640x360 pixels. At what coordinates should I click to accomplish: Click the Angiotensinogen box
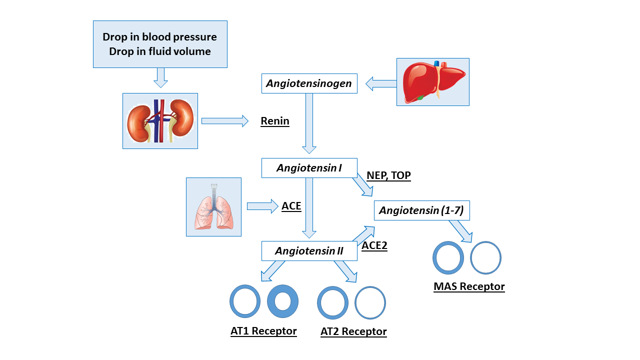[x=309, y=83]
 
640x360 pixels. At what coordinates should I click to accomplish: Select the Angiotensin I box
[x=309, y=168]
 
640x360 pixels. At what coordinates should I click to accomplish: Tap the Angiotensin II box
[x=309, y=251]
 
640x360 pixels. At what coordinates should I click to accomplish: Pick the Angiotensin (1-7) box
[x=421, y=211]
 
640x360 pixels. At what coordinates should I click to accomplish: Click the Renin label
[x=275, y=121]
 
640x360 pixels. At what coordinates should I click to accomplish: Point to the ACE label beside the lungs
[x=291, y=206]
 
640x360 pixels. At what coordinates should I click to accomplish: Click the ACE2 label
[x=374, y=245]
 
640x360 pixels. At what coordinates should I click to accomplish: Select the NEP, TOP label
[x=388, y=175]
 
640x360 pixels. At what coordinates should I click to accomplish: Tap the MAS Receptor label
[x=469, y=287]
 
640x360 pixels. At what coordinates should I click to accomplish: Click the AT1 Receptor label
[x=263, y=331]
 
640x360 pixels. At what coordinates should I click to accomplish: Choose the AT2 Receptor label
[x=353, y=332]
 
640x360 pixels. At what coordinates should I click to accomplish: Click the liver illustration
[x=432, y=82]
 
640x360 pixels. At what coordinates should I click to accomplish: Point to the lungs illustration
[x=213, y=207]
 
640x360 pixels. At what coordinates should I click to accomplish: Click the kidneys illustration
[x=160, y=121]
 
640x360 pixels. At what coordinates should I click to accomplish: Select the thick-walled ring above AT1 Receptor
[x=283, y=301]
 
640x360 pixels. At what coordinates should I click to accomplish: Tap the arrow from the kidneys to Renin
[x=224, y=120]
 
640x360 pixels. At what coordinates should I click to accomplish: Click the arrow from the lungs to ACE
[x=262, y=206]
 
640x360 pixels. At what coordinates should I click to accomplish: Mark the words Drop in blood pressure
[x=159, y=37]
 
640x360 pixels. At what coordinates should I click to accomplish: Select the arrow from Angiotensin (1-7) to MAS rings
[x=460, y=231]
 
